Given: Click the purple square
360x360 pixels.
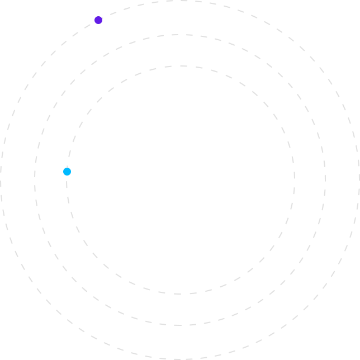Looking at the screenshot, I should tap(98, 20).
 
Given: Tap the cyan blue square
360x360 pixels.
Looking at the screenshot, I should tap(67, 172).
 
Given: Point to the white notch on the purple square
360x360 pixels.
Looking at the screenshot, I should tap(102, 17).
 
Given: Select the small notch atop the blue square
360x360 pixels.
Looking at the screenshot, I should tap(67, 168).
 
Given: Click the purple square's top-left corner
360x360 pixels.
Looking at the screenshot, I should tap(94, 16).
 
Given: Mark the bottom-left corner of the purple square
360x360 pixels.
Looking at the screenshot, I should tap(94, 25).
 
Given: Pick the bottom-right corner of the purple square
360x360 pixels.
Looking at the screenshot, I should tap(103, 25).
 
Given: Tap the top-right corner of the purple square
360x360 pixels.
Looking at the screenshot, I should tap(103, 16).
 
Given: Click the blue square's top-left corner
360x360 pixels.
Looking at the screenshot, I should tap(63, 167).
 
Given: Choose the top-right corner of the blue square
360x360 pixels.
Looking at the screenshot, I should tap(72, 167).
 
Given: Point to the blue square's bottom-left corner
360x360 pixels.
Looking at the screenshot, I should tap(63, 176).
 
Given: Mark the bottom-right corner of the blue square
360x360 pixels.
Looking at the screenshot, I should tap(72, 176).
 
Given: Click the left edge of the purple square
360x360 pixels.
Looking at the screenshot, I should tap(94, 20).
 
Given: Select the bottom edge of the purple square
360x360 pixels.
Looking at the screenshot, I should tap(98, 25).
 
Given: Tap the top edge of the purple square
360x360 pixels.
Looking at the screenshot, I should tap(98, 16).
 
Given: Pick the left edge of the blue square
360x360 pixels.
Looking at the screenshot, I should tap(63, 172).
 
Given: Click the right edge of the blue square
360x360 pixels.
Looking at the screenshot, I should tap(72, 172).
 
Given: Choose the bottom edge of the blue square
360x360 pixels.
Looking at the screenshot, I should tap(67, 176).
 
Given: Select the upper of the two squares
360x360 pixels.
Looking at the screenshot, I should tap(98, 20).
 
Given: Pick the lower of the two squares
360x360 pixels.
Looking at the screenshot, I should tap(67, 172).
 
